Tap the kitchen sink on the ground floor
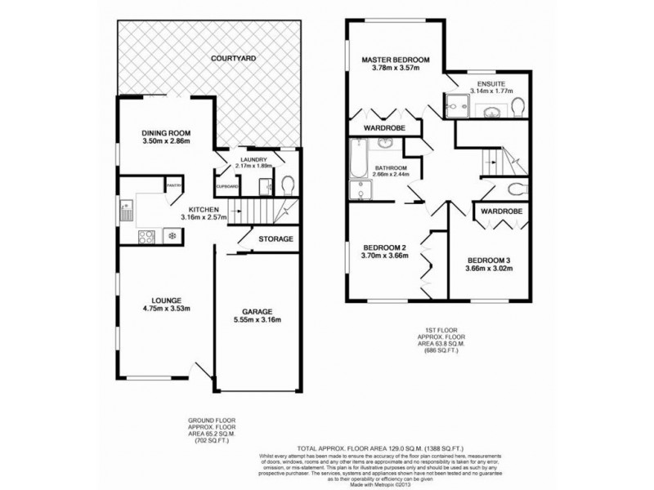[x=127, y=211]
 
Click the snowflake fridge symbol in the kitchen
[x=172, y=237]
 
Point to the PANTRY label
[x=172, y=186]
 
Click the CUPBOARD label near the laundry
[x=226, y=186]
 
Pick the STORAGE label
[x=275, y=239]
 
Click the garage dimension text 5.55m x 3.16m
[x=256, y=320]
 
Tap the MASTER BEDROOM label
[x=396, y=60]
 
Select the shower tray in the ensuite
[x=455, y=104]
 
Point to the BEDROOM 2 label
[x=384, y=247]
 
